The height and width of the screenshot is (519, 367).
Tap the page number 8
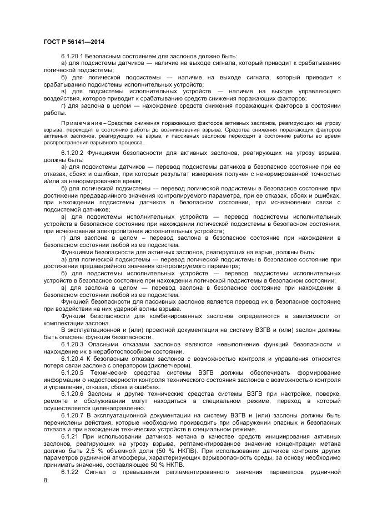click(45, 480)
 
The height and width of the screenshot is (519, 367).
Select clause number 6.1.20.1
click(72, 57)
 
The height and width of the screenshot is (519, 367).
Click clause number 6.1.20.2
click(72, 152)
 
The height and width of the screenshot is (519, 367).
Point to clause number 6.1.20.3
click(72, 344)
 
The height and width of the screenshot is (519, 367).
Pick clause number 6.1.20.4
click(72, 358)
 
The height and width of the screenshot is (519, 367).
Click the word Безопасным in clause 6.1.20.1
click(107, 57)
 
